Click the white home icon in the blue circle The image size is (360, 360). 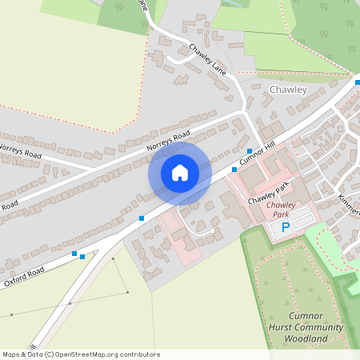pyautogui.click(x=180, y=173)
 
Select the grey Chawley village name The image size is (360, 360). pyautogui.click(x=289, y=90)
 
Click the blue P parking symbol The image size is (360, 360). pyautogui.click(x=285, y=228)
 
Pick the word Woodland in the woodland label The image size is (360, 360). pyautogui.click(x=306, y=338)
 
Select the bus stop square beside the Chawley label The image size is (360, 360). pyautogui.click(x=358, y=81)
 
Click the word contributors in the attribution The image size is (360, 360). pyautogui.click(x=140, y=354)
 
